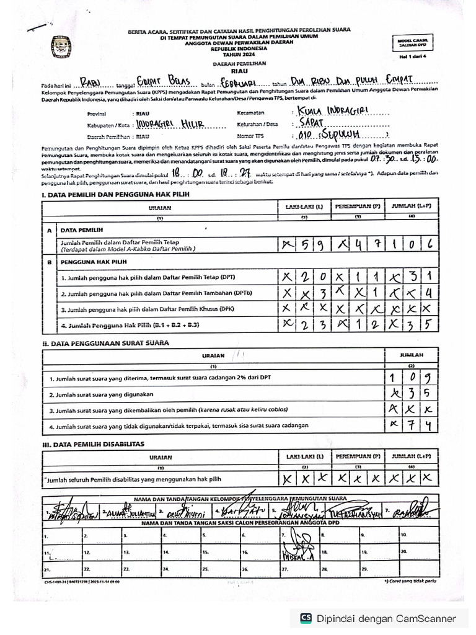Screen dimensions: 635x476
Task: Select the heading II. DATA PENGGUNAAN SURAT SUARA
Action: point(105,342)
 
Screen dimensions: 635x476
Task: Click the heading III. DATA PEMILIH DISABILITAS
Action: point(93,444)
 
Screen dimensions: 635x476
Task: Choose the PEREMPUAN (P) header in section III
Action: point(358,456)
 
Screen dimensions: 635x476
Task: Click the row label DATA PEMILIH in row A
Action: point(82,229)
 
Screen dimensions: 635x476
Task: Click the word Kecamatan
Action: point(250,113)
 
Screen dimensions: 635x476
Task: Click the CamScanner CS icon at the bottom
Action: point(306,618)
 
